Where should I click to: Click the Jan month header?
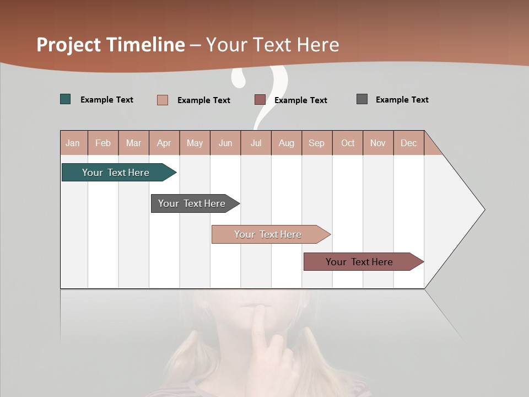(x=73, y=143)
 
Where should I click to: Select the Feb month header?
(x=103, y=143)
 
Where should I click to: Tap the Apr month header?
(x=164, y=143)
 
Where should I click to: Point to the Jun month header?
(x=225, y=143)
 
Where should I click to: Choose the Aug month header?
(x=287, y=143)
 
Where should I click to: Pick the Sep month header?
(x=316, y=143)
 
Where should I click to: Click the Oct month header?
(x=348, y=143)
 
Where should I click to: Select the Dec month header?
(x=408, y=143)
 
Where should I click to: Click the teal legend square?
(x=66, y=99)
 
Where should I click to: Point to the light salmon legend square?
(x=163, y=100)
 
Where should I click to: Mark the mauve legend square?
(x=260, y=100)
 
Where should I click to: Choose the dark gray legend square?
(x=362, y=99)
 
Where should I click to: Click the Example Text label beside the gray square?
(x=402, y=100)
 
